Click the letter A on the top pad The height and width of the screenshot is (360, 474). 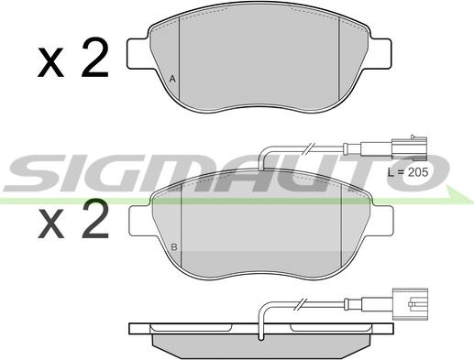point(172,79)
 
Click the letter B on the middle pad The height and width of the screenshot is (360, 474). point(174,247)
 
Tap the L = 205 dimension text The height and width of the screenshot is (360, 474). point(408,172)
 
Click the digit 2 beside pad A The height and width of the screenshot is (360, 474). point(95,58)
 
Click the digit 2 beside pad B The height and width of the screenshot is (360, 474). point(95,219)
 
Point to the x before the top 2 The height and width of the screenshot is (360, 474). point(50,62)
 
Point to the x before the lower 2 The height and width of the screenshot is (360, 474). point(50,224)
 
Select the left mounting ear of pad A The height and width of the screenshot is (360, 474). point(139,54)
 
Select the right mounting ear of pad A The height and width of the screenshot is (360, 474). point(379,54)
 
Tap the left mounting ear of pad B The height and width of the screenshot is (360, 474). point(141,221)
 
